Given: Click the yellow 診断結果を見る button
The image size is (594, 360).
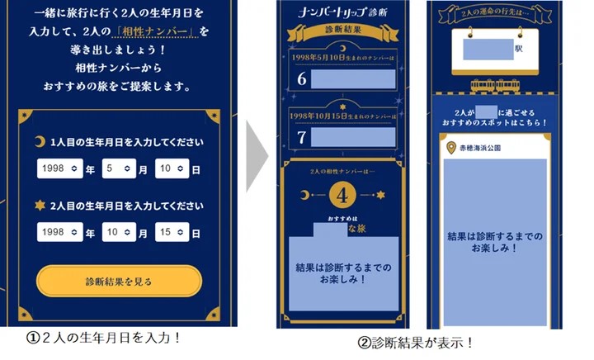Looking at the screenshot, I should pyautogui.click(x=119, y=282).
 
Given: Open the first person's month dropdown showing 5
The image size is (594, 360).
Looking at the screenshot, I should pyautogui.click(x=117, y=168).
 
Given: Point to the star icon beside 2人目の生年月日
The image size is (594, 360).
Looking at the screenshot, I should pyautogui.click(x=39, y=206).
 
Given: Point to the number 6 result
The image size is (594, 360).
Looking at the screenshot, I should pyautogui.click(x=302, y=80).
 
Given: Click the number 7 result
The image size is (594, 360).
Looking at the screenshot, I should pyautogui.click(x=302, y=137).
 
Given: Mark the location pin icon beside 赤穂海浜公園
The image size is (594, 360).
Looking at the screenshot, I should pyautogui.click(x=450, y=148).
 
